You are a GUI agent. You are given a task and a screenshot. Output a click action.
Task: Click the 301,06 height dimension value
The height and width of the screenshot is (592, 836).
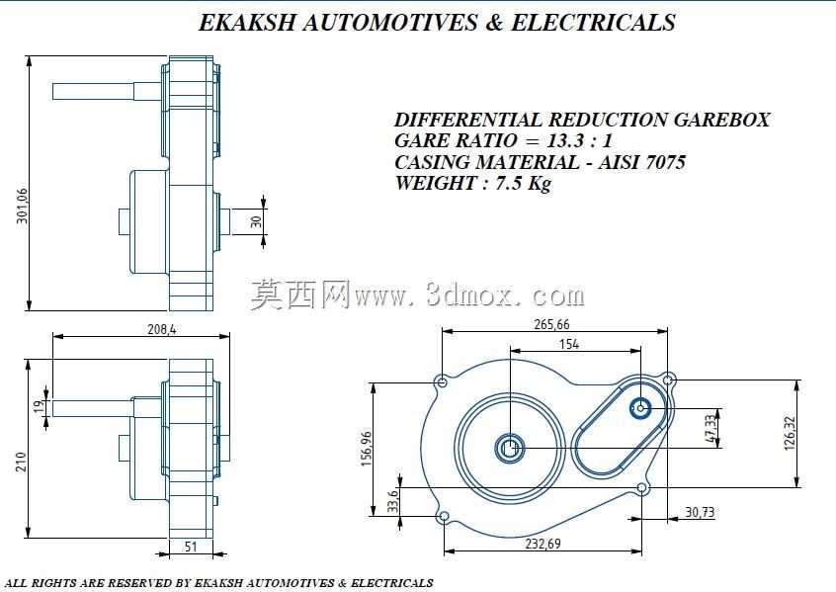point(23,206)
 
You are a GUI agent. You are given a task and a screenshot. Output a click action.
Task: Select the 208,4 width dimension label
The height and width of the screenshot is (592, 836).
point(161,329)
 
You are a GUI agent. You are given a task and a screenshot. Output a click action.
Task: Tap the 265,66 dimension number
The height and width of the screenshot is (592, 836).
point(551,324)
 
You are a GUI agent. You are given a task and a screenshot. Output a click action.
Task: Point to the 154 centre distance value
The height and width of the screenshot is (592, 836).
point(569,344)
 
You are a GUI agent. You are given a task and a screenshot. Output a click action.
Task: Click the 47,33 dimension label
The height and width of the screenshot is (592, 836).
point(711,428)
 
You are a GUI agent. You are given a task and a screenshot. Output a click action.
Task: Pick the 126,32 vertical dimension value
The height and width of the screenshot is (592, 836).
point(790,434)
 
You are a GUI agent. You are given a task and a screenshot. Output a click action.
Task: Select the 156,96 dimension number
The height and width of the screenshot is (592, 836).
point(367,449)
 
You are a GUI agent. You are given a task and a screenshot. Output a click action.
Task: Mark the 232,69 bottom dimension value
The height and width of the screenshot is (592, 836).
point(543,544)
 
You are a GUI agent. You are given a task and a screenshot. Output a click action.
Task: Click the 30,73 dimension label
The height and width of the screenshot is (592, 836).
point(700,512)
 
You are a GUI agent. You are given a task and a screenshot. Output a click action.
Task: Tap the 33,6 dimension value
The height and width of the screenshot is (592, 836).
point(393,501)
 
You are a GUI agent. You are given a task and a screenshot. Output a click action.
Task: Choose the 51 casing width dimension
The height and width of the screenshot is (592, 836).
point(191,547)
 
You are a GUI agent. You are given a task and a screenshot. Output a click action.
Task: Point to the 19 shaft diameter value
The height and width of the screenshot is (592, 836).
point(40,407)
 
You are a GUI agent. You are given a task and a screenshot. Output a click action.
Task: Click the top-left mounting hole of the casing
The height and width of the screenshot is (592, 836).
point(442,381)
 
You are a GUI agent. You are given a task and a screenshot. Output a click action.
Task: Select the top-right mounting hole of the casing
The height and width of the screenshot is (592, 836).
point(668,381)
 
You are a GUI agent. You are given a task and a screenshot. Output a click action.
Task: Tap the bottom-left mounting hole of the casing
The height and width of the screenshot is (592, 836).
point(444,516)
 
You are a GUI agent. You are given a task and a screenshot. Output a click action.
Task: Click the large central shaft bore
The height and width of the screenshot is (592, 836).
point(510,449)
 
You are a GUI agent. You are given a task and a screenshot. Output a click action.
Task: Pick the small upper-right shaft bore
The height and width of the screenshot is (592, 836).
point(640,409)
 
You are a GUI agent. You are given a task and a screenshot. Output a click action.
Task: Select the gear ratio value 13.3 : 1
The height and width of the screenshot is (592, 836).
point(579,140)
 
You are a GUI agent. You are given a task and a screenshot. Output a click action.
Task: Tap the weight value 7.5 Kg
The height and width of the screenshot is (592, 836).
point(523,183)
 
